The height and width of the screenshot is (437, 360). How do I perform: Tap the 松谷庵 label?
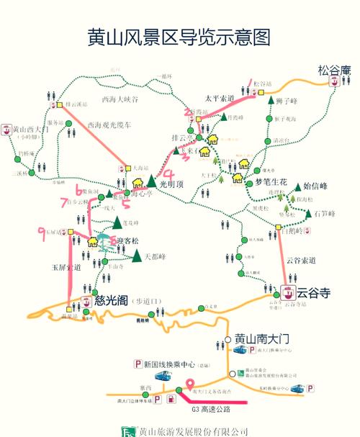333,70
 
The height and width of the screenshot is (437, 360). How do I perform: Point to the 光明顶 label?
171,184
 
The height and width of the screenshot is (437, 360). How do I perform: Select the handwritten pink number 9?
41,230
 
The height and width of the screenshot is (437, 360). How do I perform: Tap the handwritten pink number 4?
168,174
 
